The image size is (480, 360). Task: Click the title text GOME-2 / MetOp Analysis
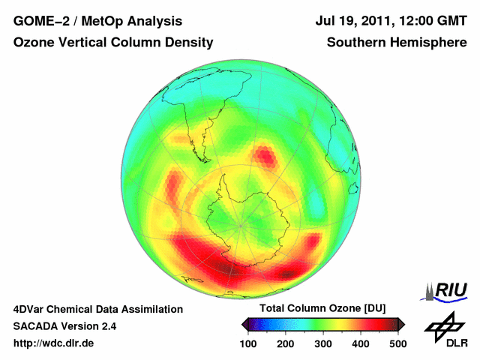(97, 22)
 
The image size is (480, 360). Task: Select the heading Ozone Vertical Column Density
(113, 43)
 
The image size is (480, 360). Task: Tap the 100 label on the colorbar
(249, 343)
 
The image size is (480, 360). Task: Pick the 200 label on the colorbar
(286, 343)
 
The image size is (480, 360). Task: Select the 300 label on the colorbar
(323, 343)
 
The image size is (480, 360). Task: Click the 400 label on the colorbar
(361, 343)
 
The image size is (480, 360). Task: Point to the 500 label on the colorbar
(397, 343)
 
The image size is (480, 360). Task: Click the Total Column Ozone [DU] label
(322, 309)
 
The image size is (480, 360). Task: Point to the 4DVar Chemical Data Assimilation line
(98, 309)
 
